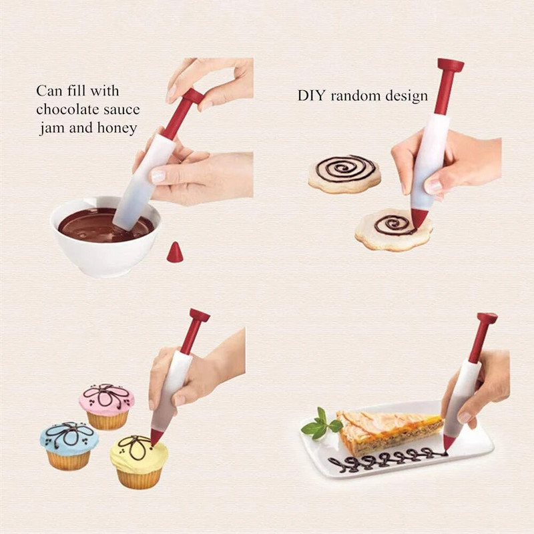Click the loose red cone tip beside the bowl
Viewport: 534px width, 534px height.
175,252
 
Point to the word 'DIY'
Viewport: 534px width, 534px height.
311,95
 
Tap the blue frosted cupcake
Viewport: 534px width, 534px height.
69,444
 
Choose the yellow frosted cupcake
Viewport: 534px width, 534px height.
139,461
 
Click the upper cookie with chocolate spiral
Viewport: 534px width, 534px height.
344,172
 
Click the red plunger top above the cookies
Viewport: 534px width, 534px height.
450,65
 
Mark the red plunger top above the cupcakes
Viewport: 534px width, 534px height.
199,315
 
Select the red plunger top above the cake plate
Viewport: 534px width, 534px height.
487,319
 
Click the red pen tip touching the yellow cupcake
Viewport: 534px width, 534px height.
157,437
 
